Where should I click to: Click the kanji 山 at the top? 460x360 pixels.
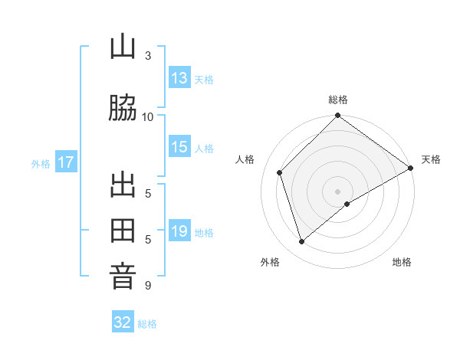[123, 47]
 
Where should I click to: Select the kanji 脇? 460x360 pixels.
[123, 108]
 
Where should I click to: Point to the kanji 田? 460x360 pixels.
[123, 231]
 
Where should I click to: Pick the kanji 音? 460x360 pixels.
[123, 277]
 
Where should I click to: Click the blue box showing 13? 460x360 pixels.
[179, 78]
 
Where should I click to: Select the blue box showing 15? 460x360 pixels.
[179, 148]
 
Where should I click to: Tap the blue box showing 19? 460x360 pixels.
[179, 232]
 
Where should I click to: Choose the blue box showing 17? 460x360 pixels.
[65, 162]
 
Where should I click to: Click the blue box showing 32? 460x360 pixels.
[123, 322]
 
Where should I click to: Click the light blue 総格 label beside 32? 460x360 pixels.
[147, 323]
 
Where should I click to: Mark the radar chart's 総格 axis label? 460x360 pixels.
[338, 100]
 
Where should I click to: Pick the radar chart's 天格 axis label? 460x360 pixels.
[431, 159]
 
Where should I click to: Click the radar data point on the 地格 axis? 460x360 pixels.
[347, 204]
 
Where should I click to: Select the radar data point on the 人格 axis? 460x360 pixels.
[280, 172]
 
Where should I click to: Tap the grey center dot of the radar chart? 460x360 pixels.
[338, 191]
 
